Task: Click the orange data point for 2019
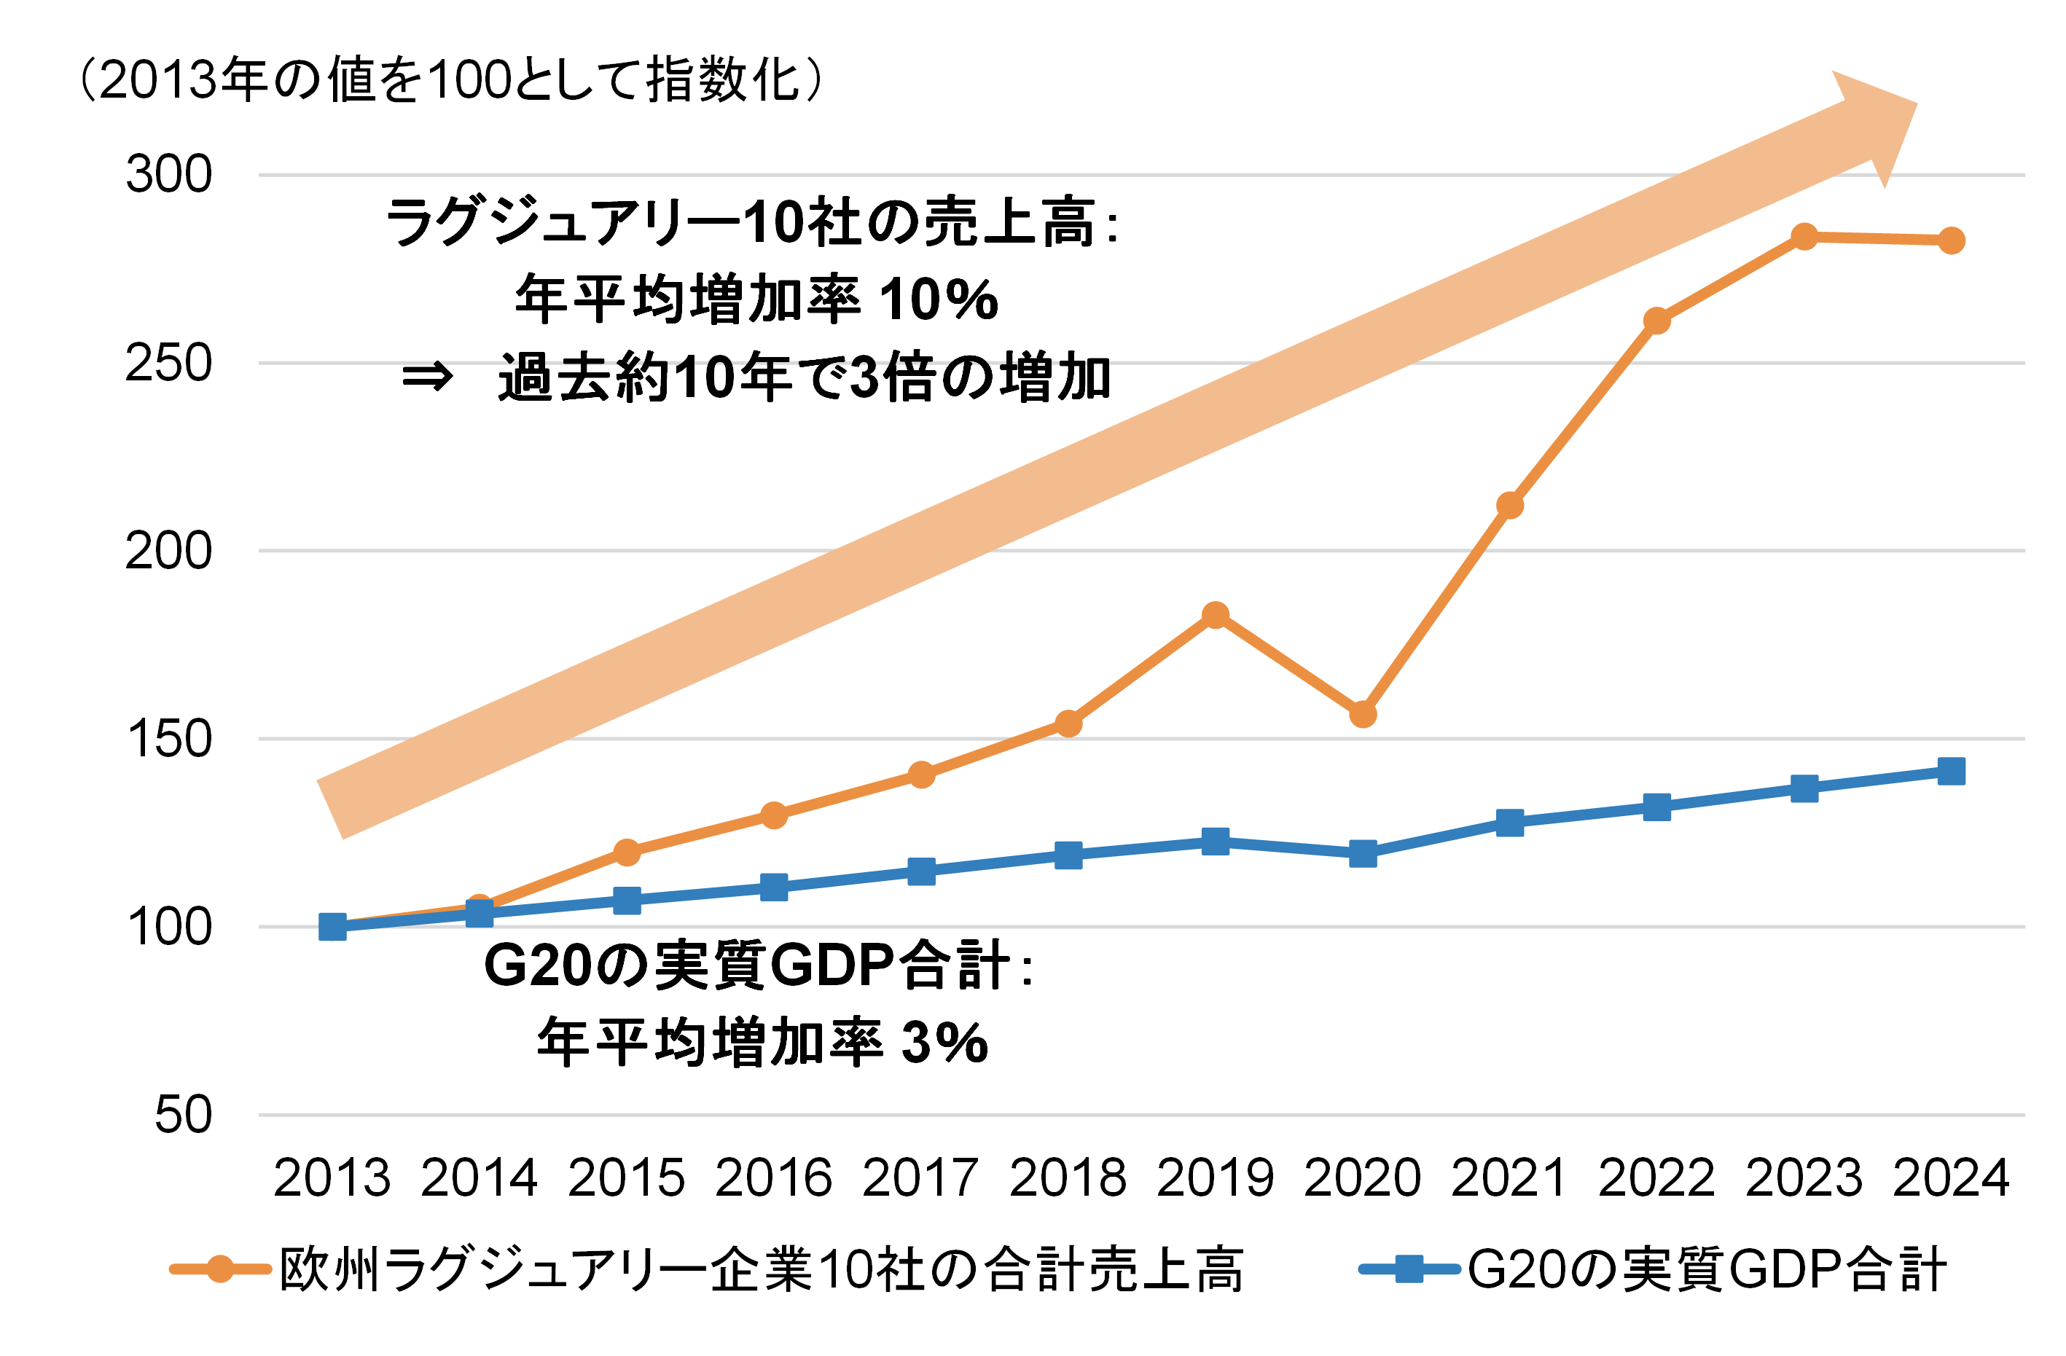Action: click(x=1216, y=616)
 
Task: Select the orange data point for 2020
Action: click(x=1363, y=715)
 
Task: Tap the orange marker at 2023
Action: click(x=1804, y=236)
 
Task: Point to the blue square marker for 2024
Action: click(x=1952, y=771)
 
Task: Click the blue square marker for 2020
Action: click(x=1363, y=853)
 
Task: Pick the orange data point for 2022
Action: click(x=1657, y=321)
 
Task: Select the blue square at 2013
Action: click(x=332, y=927)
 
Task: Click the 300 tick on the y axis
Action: click(x=168, y=173)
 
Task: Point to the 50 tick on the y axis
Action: click(x=182, y=1115)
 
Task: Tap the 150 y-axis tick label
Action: click(x=168, y=740)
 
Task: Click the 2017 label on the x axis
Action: click(x=920, y=1179)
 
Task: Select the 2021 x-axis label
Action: click(x=1509, y=1179)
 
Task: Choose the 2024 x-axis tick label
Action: click(x=1951, y=1179)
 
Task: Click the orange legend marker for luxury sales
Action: click(x=221, y=1269)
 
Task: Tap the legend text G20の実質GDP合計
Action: click(x=1707, y=1270)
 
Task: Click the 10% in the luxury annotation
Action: click(x=939, y=299)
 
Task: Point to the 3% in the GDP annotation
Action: click(x=945, y=1043)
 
